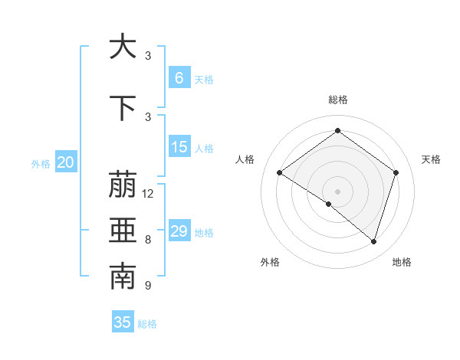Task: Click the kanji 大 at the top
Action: pyautogui.click(x=123, y=47)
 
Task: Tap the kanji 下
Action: pyautogui.click(x=123, y=108)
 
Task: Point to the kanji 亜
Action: pyautogui.click(x=123, y=231)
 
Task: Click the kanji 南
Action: pyautogui.click(x=123, y=277)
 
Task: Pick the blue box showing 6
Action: pyautogui.click(x=179, y=78)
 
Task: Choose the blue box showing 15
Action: pyautogui.click(x=179, y=147)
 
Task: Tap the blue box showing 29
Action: pyautogui.click(x=179, y=231)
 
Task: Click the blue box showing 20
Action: pyautogui.click(x=66, y=162)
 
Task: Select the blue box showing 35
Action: pyautogui.click(x=123, y=322)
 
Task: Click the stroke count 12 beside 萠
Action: pyautogui.click(x=148, y=194)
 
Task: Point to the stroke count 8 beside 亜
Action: pyautogui.click(x=148, y=240)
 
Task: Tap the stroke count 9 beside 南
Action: pyautogui.click(x=148, y=286)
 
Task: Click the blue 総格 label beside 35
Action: pyautogui.click(x=147, y=324)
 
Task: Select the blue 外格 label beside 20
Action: pyautogui.click(x=40, y=163)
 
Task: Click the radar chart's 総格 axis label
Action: pyautogui.click(x=337, y=100)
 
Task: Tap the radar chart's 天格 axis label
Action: pyautogui.click(x=431, y=159)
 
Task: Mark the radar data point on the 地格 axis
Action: pyautogui.click(x=373, y=241)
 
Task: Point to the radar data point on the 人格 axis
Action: pyautogui.click(x=279, y=173)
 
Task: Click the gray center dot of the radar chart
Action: pyautogui.click(x=337, y=191)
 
